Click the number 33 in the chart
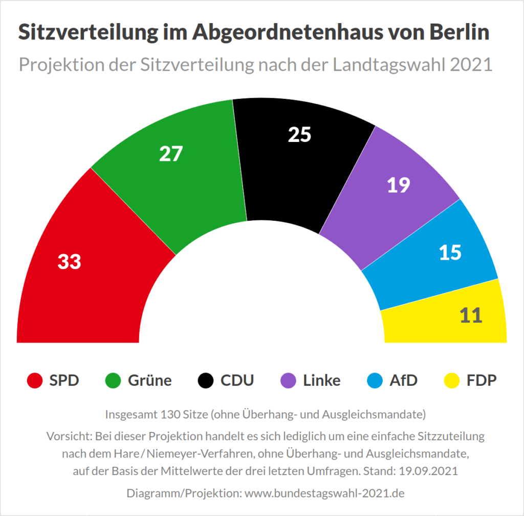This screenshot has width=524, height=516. coord(69,262)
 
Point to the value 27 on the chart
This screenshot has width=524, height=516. coord(170,154)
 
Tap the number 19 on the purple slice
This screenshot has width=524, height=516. coord(398,185)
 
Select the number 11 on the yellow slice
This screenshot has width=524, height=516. coord(471,316)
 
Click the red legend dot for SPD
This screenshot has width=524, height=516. coord(34,381)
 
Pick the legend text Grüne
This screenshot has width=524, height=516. coord(149,381)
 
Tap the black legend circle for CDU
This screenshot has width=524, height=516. coord(205,381)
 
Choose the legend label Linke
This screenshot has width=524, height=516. coord(321,381)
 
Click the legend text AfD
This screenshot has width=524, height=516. coord(403,381)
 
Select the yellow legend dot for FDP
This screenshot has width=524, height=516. coord(450,381)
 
